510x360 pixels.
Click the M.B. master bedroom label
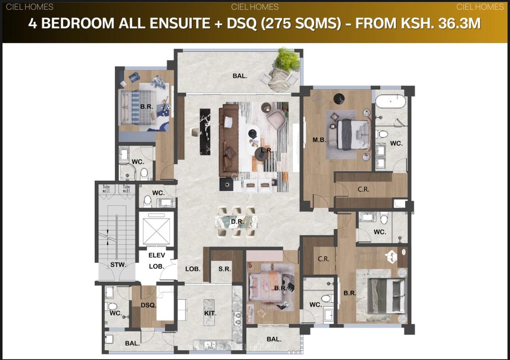pyautogui.click(x=319, y=140)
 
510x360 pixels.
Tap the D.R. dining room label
pyautogui.click(x=236, y=222)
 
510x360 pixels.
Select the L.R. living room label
pyautogui.click(x=266, y=150)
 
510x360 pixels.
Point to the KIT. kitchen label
pyautogui.click(x=210, y=313)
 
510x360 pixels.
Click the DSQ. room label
pyautogui.click(x=149, y=305)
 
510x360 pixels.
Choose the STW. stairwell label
pyautogui.click(x=118, y=265)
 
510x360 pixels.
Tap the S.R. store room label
pyautogui.click(x=224, y=269)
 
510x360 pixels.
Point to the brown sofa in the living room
pyautogui.click(x=228, y=141)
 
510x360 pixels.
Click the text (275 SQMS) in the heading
pyautogui.click(x=302, y=23)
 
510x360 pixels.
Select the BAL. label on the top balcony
pyautogui.click(x=240, y=77)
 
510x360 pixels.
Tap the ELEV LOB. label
pyautogui.click(x=156, y=261)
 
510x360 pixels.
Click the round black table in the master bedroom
pyautogui.click(x=338, y=98)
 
